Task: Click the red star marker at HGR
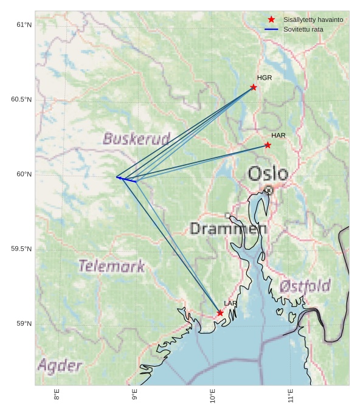254,87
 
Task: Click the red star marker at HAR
268,145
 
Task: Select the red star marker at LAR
220,313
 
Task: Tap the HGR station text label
265,78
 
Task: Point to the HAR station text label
279,135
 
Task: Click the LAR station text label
230,303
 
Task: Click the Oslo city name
268,174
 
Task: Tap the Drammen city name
229,229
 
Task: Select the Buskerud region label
136,139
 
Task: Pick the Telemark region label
112,266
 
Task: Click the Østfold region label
305,286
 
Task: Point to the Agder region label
60,365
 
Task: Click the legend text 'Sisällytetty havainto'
313,19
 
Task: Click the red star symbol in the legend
271,19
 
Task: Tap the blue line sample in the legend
271,29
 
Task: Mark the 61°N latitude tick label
24,25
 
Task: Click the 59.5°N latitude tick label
21,249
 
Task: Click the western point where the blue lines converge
117,177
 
